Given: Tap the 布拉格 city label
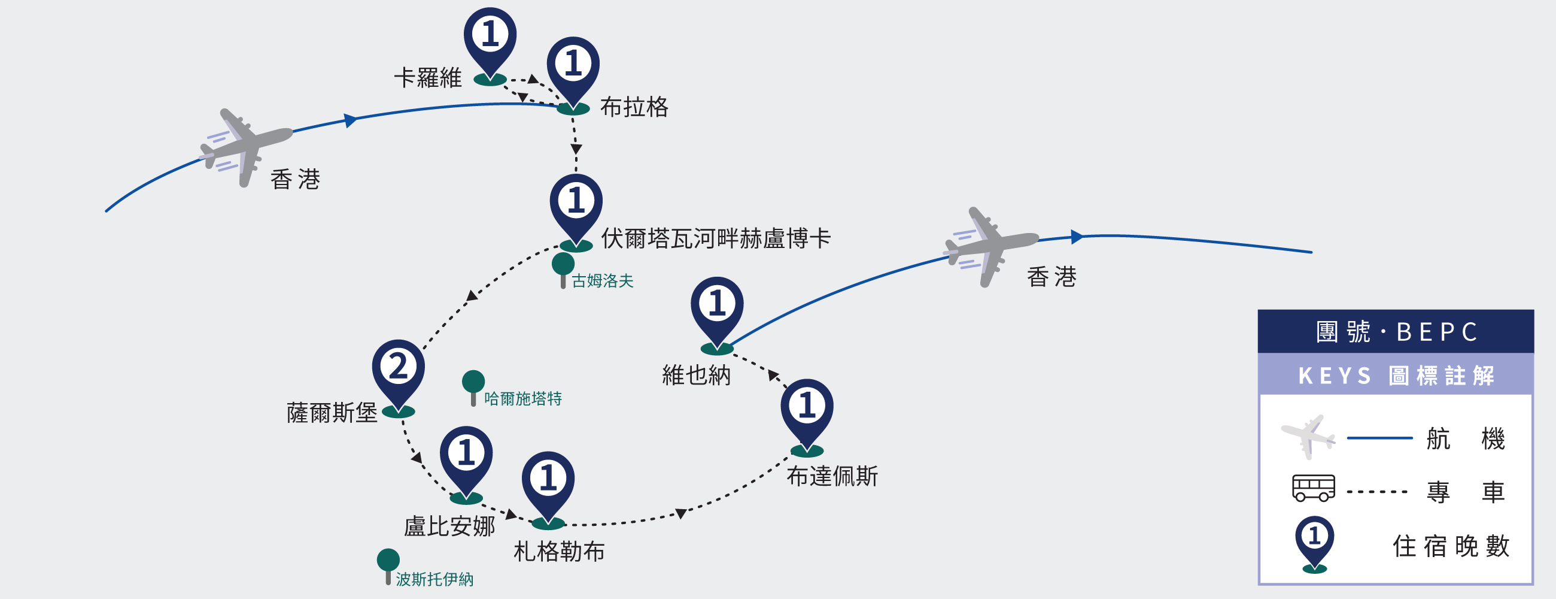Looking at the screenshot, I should [634, 108].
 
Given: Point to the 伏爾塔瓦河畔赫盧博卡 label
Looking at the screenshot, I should [716, 239].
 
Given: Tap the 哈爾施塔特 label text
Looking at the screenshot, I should [522, 399].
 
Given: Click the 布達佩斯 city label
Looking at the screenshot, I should [832, 477].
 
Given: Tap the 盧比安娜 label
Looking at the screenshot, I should [449, 527].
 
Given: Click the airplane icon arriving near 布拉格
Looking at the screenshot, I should [245, 147].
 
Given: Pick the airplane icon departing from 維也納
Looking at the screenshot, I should [990, 246].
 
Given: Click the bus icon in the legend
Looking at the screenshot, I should [1313, 488].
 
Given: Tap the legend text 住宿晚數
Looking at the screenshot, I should [1451, 546].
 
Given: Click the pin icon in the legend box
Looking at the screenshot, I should [1314, 540].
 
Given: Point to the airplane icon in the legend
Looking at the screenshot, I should [1308, 436].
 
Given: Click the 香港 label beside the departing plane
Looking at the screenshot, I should [1051, 277].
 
